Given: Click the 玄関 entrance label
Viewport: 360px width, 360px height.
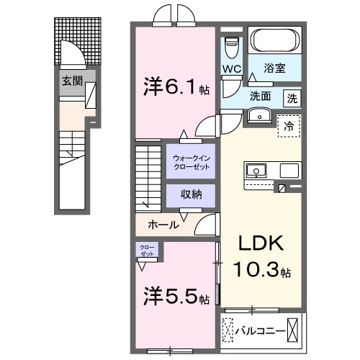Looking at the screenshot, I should click(69, 81).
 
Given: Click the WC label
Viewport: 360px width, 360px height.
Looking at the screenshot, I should click(231, 68).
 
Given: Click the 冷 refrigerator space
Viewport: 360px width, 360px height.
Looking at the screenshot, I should click(289, 125).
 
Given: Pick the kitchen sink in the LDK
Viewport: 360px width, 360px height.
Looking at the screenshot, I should click(256, 171).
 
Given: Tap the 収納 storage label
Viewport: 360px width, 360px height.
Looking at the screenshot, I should click(191, 194).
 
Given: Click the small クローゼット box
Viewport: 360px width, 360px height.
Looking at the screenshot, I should click(146, 251).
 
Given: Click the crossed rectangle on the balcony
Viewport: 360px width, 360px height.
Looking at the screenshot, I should click(294, 332).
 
